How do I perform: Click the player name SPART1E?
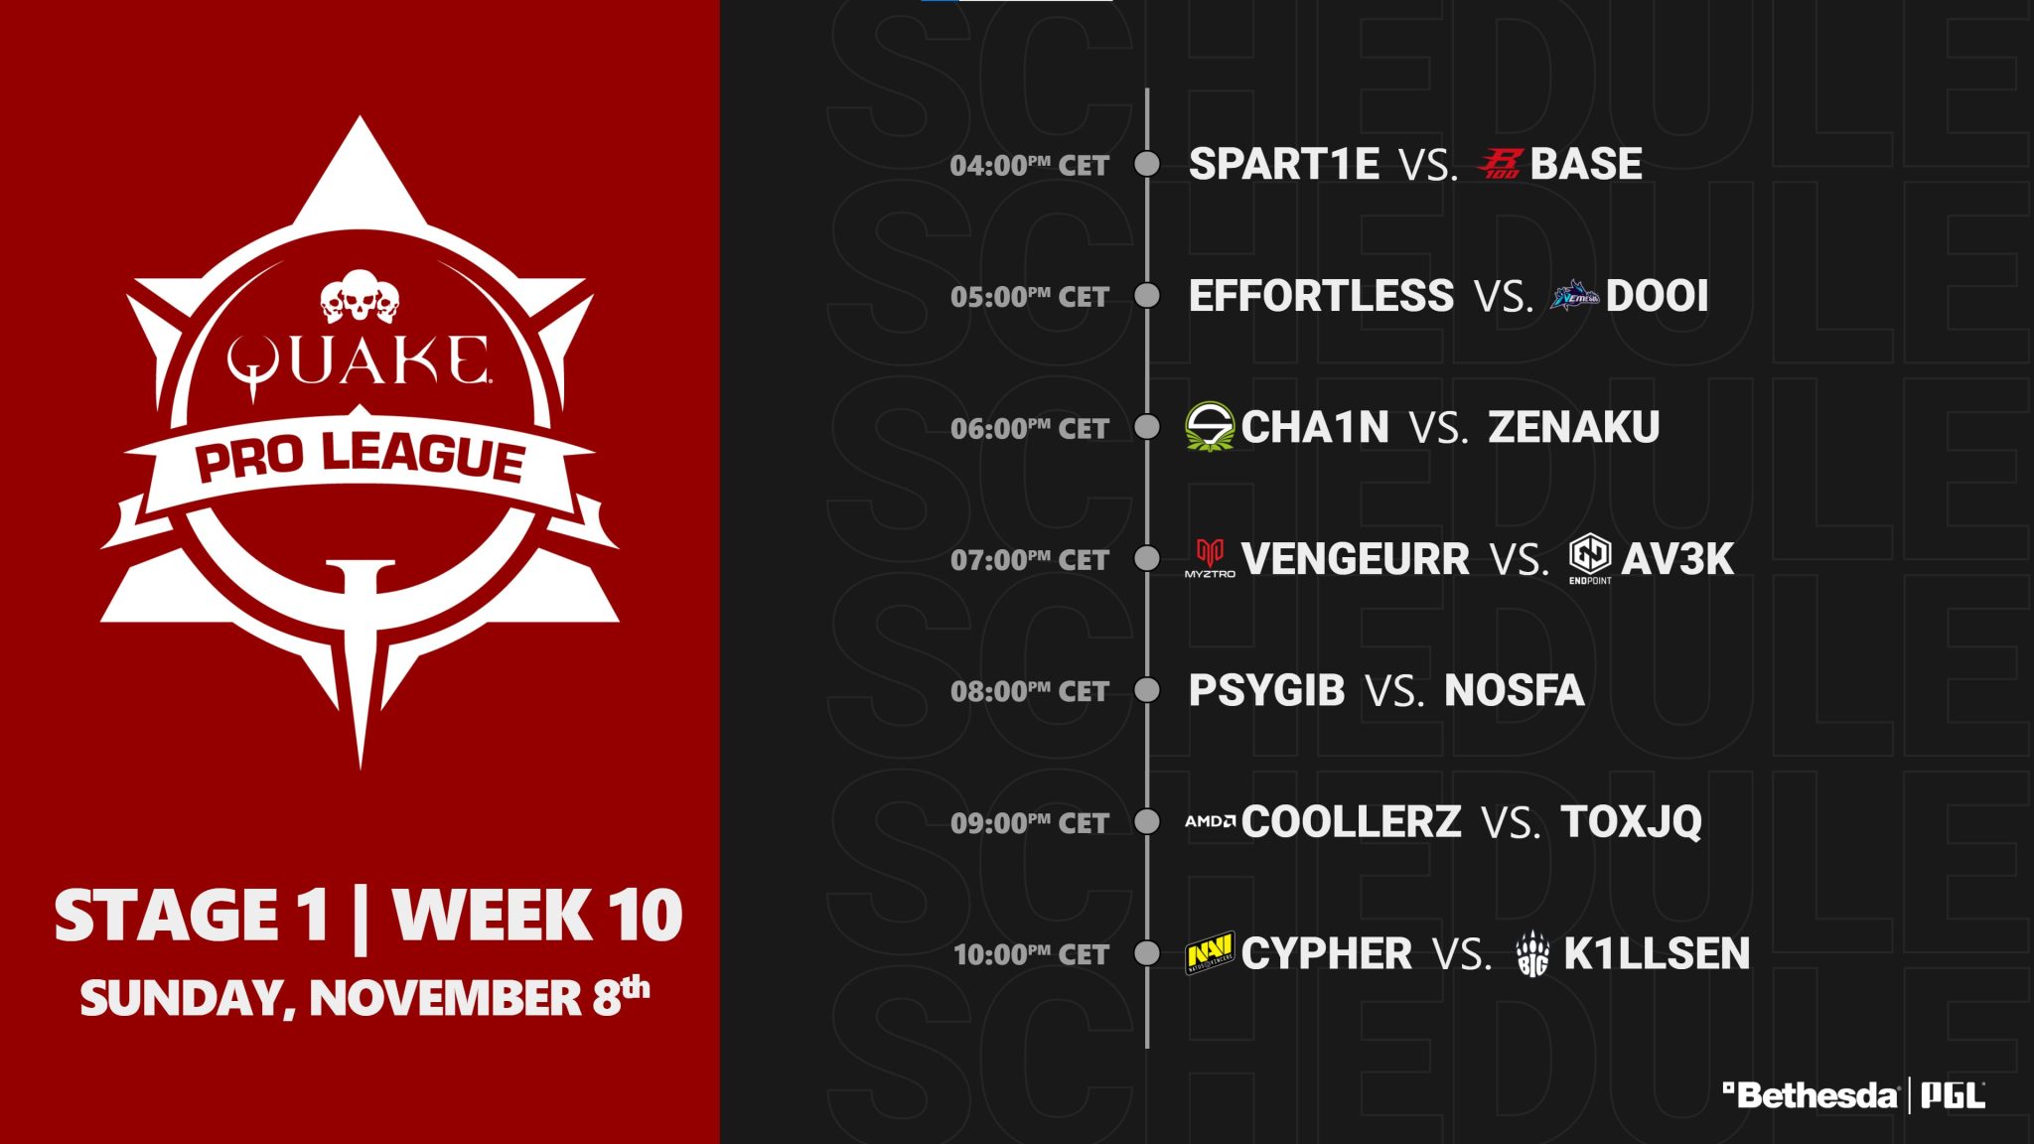point(1283,164)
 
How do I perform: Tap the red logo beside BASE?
point(1500,164)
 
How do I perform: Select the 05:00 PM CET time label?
point(1029,297)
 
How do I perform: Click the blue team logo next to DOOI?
point(1574,296)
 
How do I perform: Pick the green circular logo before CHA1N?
point(1210,427)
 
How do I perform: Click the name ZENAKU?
point(1574,427)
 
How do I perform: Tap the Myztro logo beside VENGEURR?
point(1210,558)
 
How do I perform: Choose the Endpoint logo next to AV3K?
point(1590,559)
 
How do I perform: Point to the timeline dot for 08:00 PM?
point(1147,690)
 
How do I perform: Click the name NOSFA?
point(1515,690)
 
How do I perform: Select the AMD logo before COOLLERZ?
point(1210,821)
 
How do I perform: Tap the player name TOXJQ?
point(1631,822)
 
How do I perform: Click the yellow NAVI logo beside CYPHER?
point(1210,953)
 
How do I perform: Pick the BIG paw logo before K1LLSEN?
point(1533,954)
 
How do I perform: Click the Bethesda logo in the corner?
point(1810,1095)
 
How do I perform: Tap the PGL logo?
point(1953,1095)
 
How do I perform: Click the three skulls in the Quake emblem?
point(360,296)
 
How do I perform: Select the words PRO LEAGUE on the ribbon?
point(360,457)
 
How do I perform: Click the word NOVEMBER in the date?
point(445,998)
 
